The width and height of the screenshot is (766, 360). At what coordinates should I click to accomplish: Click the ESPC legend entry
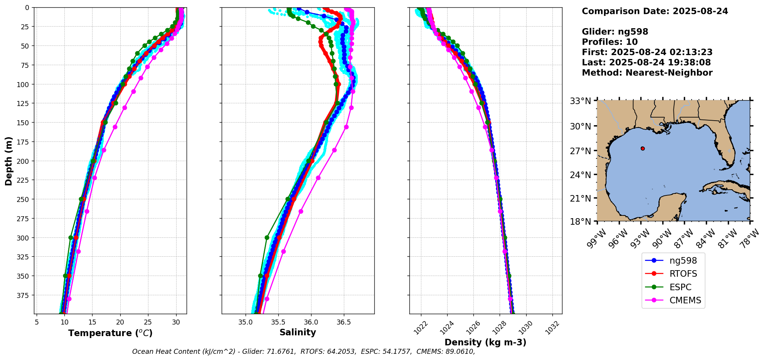coord(680,287)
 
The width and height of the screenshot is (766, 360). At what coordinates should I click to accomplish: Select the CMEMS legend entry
coord(685,301)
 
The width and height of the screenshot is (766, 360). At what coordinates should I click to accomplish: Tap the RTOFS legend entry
coord(683,274)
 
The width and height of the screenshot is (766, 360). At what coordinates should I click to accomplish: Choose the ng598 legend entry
coord(683,261)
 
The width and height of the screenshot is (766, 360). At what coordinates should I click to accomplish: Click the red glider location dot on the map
coord(643,148)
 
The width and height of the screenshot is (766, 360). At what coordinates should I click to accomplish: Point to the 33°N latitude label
coord(581,101)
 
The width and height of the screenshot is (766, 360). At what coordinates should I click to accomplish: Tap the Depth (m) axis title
coord(9,161)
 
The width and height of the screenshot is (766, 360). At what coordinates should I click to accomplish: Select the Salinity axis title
coord(298,333)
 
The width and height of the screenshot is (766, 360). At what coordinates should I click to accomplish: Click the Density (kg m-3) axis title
coord(485,342)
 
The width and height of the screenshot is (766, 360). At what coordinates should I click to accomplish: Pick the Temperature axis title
coord(110,333)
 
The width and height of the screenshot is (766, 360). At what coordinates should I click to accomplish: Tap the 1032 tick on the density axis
coord(552,326)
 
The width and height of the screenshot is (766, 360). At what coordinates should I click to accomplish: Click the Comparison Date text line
coord(655,11)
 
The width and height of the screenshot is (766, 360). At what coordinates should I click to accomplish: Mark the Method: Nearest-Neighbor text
coord(647,73)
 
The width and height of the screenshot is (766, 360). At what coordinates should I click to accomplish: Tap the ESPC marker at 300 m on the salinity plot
coord(267,237)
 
